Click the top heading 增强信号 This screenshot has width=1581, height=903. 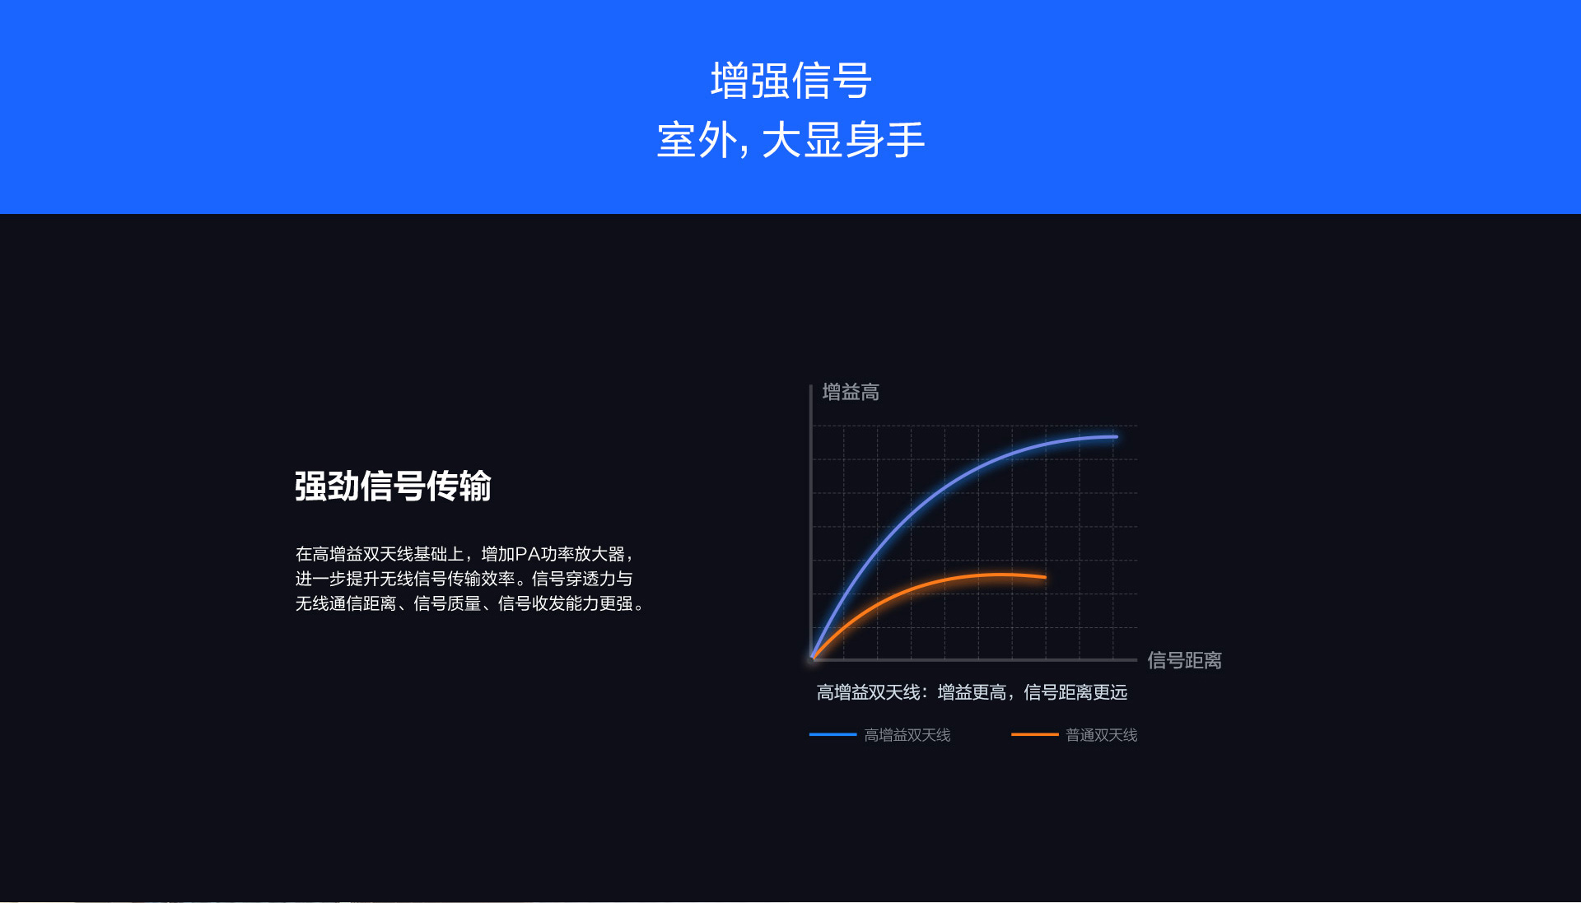coord(790,81)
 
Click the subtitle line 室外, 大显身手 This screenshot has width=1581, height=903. coord(790,140)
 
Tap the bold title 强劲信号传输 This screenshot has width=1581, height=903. coord(393,486)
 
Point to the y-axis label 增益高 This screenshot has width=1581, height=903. coord(851,392)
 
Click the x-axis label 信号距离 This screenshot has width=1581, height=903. coord(1184,660)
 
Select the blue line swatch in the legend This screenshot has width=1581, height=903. coord(832,734)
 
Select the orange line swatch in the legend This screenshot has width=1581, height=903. coord(1034,734)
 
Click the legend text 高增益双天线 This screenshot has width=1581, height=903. coord(907,735)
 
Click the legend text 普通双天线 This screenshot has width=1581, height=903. coord(1101,735)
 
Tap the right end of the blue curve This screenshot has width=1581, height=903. coord(1117,437)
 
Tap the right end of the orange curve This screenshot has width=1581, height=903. coord(1046,578)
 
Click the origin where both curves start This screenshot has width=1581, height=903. coord(813,659)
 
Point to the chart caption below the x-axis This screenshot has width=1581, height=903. coord(972,692)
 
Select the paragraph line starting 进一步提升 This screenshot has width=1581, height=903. coord(464,579)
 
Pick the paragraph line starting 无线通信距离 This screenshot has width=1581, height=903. coord(470,603)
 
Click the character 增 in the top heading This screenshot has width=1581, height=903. coord(730,81)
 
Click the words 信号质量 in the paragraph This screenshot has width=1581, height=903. coord(447,603)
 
